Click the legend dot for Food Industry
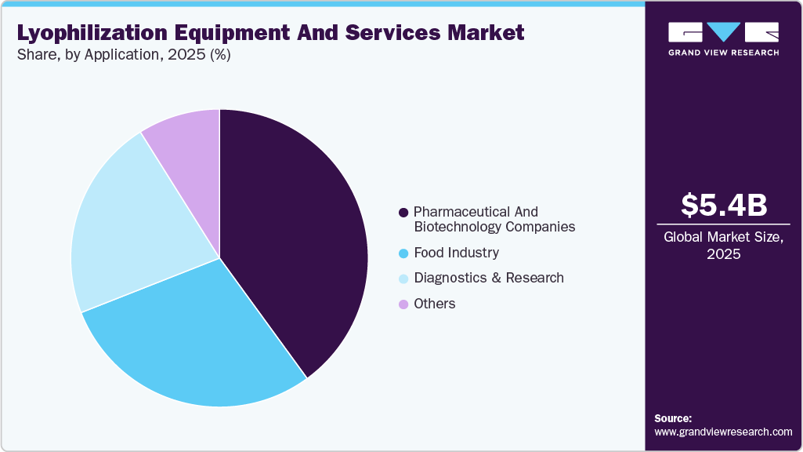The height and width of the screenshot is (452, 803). (x=403, y=253)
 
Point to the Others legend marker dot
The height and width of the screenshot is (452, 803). (x=403, y=304)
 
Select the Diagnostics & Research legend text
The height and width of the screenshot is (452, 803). (x=488, y=278)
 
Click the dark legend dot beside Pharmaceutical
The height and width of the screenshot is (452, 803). (x=403, y=213)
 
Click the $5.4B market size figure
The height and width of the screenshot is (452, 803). (x=723, y=205)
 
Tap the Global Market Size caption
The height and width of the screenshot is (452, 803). (x=723, y=245)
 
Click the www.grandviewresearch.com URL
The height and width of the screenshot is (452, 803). (x=723, y=432)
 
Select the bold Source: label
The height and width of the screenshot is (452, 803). (x=673, y=418)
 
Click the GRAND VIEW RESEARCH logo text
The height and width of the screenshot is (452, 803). (x=723, y=53)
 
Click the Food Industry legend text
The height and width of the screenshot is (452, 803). (x=456, y=253)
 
